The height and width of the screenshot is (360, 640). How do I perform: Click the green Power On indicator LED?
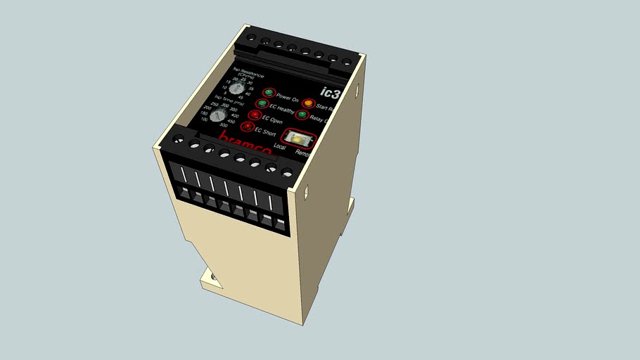pos(269,93)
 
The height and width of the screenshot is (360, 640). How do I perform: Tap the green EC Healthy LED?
pos(262,104)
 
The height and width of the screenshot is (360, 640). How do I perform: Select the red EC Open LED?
pos(254,115)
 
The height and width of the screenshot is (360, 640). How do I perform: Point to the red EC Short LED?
pos(246,127)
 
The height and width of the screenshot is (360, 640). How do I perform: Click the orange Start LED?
pos(307,105)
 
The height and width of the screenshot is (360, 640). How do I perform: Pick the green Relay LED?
pos(302,115)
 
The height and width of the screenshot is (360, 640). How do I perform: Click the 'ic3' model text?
pos(330,92)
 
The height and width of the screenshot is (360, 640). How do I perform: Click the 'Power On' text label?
pos(287,98)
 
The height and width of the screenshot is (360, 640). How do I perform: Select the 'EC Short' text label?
pos(264,132)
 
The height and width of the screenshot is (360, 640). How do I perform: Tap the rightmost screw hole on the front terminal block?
pos(286,172)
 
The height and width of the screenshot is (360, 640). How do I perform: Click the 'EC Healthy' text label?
pos(281,109)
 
